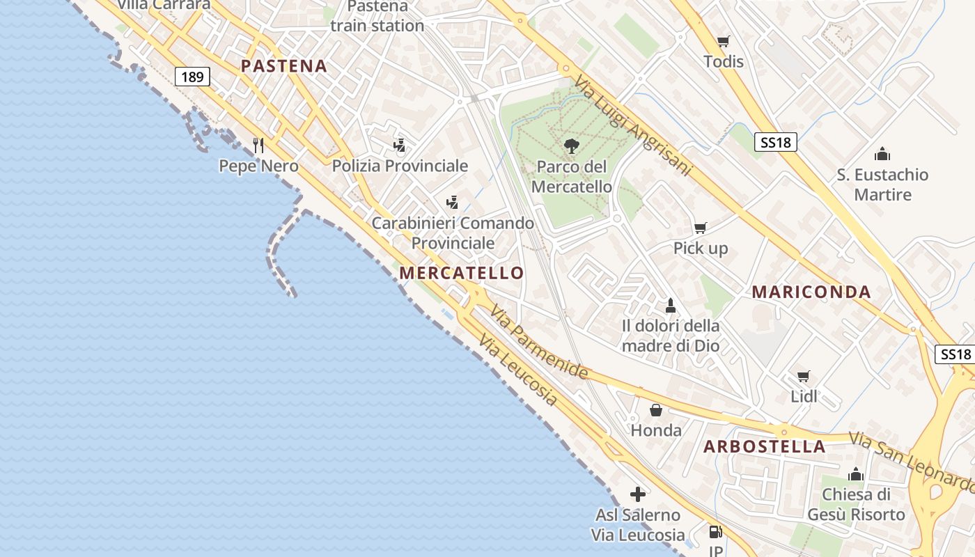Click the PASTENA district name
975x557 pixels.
[x=283, y=66]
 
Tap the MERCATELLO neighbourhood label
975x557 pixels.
[x=462, y=273]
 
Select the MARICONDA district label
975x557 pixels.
[x=811, y=292]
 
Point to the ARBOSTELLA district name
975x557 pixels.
[x=765, y=446]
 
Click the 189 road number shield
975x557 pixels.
[x=192, y=77]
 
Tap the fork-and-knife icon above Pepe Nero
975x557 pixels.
[x=258, y=145]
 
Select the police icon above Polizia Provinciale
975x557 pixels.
[x=399, y=145]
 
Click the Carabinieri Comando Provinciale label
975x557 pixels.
[x=453, y=233]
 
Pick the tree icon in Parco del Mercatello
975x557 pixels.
[x=571, y=146]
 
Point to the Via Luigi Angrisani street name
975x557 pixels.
[x=633, y=125]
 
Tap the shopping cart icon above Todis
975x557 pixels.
[x=724, y=41]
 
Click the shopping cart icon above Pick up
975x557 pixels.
[x=701, y=228]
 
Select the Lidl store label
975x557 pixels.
[x=804, y=397]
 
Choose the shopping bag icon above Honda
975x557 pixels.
[x=655, y=410]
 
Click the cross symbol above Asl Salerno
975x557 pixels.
[x=638, y=494]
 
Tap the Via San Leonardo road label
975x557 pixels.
[x=911, y=461]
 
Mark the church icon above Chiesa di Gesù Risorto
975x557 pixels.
[x=856, y=475]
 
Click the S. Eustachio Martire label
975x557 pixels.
[x=882, y=185]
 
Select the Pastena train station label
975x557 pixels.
[x=377, y=17]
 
